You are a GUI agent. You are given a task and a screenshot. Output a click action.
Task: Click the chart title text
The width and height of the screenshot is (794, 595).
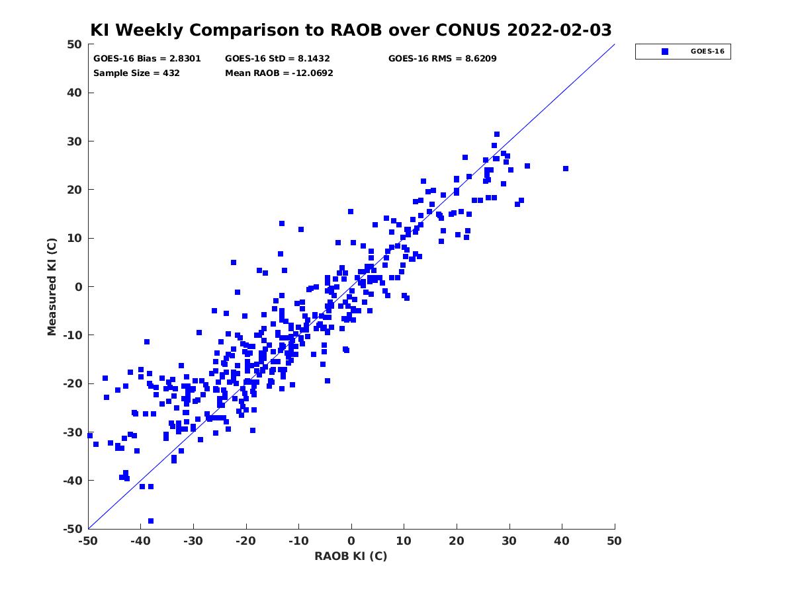click(351, 30)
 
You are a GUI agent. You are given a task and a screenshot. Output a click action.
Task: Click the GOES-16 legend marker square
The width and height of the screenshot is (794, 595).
click(664, 52)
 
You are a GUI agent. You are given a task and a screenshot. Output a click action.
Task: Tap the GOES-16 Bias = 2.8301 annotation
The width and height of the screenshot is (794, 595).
click(147, 59)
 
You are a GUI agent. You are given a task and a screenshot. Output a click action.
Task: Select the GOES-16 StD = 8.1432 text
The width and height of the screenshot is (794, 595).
click(277, 59)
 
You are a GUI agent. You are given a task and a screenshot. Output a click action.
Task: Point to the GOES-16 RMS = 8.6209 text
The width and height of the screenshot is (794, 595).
click(442, 59)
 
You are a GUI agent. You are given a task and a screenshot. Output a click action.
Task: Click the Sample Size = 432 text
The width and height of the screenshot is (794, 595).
click(136, 73)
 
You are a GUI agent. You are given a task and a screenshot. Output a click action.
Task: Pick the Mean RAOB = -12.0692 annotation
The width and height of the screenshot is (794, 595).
click(279, 73)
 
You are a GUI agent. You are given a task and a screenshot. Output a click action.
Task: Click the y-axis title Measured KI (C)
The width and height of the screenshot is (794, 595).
click(52, 287)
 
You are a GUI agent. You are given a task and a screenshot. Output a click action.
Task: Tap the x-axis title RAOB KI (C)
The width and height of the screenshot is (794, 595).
click(351, 556)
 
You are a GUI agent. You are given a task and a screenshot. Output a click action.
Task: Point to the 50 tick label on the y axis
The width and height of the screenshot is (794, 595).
click(74, 44)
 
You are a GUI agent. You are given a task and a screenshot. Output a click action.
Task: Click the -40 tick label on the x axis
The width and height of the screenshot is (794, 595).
click(140, 541)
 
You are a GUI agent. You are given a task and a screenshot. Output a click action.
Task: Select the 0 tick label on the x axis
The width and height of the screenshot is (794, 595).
click(351, 541)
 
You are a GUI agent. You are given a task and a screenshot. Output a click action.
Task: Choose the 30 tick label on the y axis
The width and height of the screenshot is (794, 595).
click(74, 141)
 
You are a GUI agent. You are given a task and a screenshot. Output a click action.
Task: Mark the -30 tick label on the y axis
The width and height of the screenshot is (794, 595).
click(72, 432)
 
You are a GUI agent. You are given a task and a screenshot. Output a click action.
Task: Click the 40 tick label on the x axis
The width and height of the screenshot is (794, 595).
click(561, 541)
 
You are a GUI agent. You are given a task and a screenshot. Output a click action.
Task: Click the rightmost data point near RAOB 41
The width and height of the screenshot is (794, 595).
click(566, 169)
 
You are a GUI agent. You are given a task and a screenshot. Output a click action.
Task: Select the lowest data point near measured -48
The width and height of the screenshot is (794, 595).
click(150, 521)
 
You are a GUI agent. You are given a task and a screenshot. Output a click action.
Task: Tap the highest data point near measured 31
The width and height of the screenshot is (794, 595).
click(497, 134)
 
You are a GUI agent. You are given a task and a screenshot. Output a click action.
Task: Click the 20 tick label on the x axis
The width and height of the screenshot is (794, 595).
click(457, 541)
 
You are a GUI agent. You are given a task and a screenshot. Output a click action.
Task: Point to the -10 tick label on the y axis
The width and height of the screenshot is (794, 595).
click(72, 335)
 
